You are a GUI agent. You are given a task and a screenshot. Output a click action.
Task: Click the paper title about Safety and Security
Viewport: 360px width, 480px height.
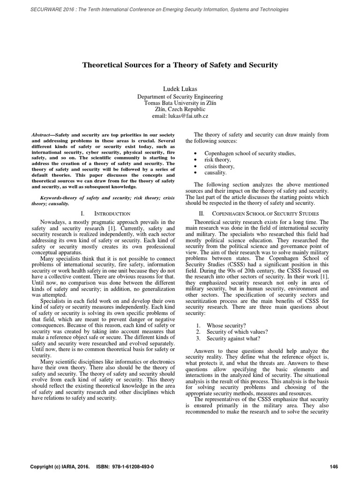tap(180, 65)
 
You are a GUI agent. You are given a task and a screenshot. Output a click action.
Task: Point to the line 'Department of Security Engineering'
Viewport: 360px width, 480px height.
tap(180, 97)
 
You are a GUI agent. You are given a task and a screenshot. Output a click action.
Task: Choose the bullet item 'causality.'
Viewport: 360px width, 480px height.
tap(216, 173)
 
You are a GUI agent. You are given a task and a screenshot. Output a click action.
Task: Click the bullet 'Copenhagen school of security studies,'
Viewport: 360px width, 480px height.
tap(249, 153)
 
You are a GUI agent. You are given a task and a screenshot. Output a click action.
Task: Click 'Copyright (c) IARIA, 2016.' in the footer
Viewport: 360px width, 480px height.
tap(60, 467)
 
